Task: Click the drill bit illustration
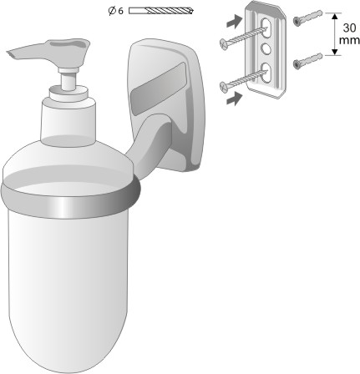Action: point(161,11)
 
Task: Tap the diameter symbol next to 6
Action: point(112,11)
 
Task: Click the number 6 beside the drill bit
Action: point(120,11)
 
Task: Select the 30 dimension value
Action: point(349,28)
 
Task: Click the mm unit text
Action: point(349,40)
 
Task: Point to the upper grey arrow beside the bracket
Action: point(234,22)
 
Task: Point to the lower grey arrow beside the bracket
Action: point(234,99)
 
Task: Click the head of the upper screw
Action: point(224,43)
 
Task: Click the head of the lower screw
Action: point(224,86)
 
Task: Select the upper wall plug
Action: point(308,18)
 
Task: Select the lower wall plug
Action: point(308,61)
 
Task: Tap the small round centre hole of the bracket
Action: point(266,48)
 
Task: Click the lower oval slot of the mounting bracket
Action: point(266,73)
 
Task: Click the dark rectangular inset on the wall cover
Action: point(158,89)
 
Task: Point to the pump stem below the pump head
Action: point(68,80)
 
